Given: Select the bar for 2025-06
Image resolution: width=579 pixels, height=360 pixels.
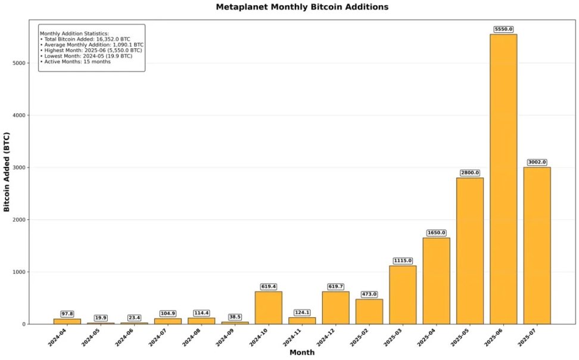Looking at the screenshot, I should coord(503,179).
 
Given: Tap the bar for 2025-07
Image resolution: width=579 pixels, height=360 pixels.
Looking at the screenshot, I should coord(537,246).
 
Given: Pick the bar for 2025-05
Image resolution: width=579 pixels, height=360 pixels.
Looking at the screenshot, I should coord(470,251).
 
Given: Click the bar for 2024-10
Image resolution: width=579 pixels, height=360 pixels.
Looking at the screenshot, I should coord(269,308).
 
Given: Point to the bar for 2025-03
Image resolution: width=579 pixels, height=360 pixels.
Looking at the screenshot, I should coord(403,295).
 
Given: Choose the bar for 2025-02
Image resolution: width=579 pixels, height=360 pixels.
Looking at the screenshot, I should coord(369,311).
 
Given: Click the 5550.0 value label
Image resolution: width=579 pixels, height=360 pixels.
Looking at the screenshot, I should coord(503,29).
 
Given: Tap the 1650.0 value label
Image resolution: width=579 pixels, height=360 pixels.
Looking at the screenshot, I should coord(436,232).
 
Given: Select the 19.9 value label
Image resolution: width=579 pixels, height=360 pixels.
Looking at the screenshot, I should coord(101,318).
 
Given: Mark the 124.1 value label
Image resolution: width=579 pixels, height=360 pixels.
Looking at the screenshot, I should coord(302,312).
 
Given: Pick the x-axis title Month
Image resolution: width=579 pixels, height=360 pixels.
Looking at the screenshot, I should coord(302,353).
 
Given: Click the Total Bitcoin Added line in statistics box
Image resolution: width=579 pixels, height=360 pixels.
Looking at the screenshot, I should coord(85,39).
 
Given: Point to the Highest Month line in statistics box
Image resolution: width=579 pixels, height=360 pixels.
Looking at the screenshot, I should coord(91,51).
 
